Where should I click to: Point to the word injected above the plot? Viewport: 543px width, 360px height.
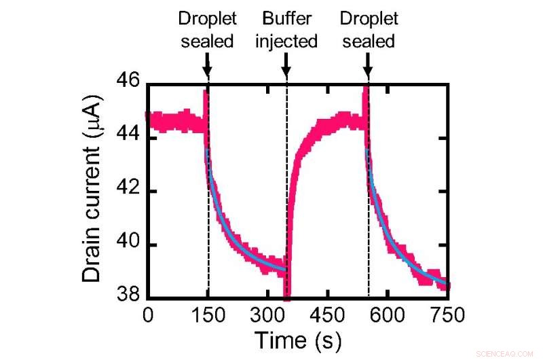coord(286,41)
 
